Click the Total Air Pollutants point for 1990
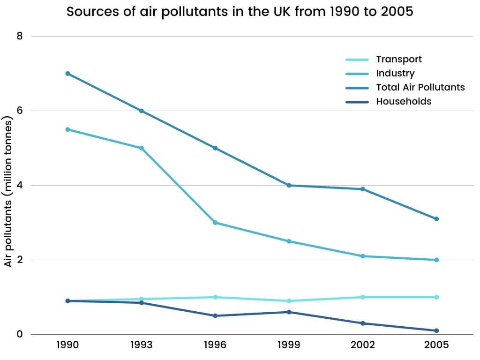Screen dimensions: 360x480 click(67, 74)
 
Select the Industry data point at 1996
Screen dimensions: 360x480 click(215, 223)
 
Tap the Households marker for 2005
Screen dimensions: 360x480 click(436, 331)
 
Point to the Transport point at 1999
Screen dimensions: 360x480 click(289, 301)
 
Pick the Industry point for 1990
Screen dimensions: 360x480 click(67, 129)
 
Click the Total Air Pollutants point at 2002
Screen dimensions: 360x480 click(363, 189)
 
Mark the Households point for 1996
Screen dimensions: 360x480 click(215, 316)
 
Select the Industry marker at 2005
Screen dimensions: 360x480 click(436, 260)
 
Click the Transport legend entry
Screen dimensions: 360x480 click(398, 59)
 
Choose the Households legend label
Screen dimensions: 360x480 click(403, 101)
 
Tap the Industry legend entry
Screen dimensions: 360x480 click(395, 73)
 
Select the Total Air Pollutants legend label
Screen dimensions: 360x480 click(420, 87)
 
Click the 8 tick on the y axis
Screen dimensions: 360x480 click(20, 36)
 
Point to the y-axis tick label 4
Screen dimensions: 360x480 click(20, 185)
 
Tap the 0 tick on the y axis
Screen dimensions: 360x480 click(20, 334)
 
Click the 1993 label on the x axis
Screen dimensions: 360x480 click(141, 345)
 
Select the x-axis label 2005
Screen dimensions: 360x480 click(436, 345)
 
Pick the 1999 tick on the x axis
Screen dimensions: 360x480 click(289, 345)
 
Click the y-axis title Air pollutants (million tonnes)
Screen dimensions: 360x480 click(8, 191)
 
